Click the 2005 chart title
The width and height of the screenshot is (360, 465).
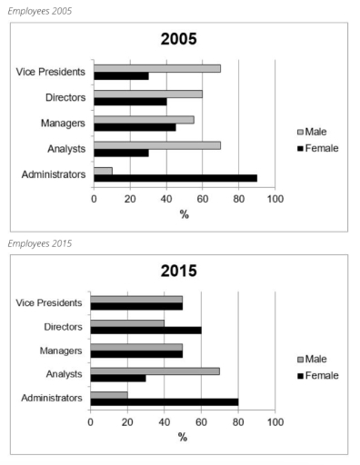[x=184, y=41]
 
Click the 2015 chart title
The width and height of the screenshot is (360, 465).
[x=184, y=271]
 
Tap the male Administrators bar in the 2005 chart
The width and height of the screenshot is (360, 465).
[x=103, y=170]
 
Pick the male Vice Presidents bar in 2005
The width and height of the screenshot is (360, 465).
[x=156, y=68]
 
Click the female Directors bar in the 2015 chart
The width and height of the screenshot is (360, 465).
[x=145, y=331]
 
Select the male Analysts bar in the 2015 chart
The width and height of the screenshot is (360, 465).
[x=155, y=370]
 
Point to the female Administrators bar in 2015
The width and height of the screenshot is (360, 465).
[x=164, y=401]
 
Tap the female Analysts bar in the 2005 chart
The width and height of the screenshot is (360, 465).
[x=121, y=153]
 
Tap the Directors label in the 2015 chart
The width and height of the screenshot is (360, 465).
[x=62, y=327]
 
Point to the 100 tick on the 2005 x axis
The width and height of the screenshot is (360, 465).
[x=275, y=198]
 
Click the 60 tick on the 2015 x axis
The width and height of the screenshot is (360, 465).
[x=201, y=421]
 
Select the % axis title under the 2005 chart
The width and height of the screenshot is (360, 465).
[x=184, y=213]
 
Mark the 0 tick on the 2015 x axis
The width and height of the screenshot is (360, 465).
[x=91, y=421]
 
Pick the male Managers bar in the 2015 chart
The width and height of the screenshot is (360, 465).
[x=136, y=346]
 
